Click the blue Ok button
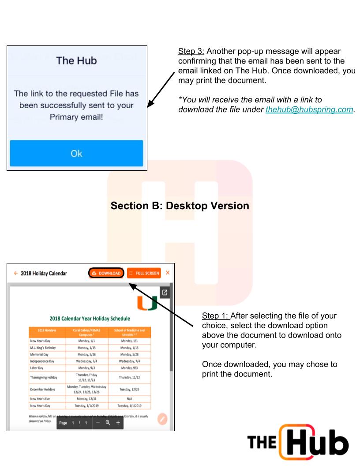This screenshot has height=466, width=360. (76, 154)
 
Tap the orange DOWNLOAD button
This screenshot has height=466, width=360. (105, 273)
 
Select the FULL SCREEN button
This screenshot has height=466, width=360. (144, 273)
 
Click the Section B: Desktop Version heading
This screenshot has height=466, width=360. (180, 206)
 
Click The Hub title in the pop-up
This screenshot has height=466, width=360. (77, 61)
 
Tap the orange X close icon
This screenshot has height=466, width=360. (168, 273)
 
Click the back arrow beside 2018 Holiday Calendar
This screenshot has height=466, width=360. (15, 273)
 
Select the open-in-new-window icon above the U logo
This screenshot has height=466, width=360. (164, 293)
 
